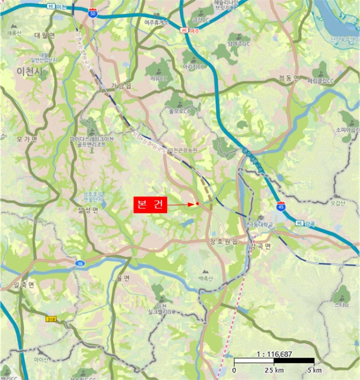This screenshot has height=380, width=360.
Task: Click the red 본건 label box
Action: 150,204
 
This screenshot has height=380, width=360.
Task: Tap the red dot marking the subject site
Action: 197,204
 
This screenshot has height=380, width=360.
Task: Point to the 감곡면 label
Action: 261,246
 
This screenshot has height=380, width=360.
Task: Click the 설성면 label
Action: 88,211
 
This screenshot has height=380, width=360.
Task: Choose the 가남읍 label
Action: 121,85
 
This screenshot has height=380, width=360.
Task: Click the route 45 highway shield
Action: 281,206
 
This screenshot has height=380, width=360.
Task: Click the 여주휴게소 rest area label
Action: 157,22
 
